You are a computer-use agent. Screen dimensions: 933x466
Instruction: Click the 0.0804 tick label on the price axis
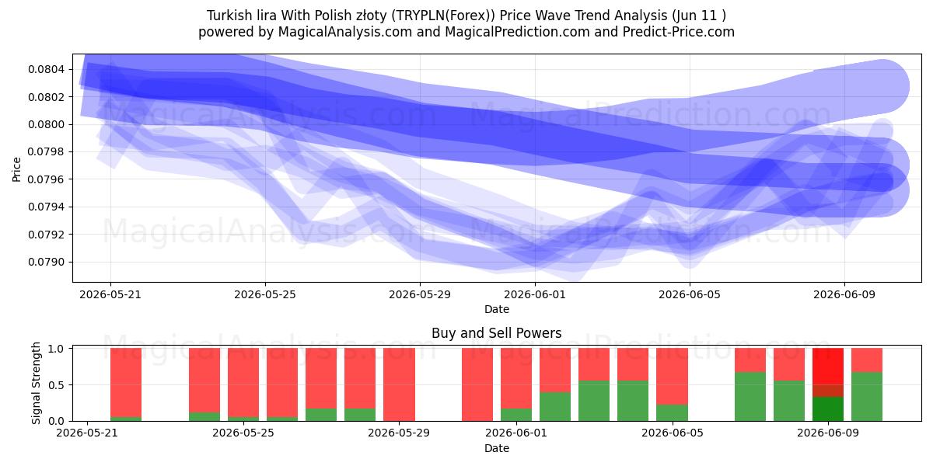point(46,69)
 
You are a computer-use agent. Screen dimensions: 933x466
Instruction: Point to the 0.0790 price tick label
point(46,263)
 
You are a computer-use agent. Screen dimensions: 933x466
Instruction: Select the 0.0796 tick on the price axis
point(46,179)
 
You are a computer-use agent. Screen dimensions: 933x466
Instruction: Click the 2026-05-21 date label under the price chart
point(110,294)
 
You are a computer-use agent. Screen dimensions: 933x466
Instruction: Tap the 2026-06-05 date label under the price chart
point(690,294)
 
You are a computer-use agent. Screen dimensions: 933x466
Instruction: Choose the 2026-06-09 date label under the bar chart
point(828,433)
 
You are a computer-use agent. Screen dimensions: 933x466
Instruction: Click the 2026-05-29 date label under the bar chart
point(399,433)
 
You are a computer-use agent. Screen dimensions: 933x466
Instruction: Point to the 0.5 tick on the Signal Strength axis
point(56,385)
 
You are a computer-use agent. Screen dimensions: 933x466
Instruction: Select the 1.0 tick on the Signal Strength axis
point(56,349)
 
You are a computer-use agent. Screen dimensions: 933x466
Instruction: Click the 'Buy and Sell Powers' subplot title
point(497,333)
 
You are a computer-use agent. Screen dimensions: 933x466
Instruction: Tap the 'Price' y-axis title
point(16,169)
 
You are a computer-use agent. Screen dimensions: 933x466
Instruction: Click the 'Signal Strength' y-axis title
point(36,383)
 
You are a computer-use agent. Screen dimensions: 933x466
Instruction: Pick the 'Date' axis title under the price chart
point(497,309)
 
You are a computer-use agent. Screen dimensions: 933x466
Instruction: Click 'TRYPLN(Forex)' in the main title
point(444,16)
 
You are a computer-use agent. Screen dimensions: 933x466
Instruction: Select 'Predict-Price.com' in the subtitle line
point(679,32)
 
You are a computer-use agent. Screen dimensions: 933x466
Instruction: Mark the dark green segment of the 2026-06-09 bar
point(828,409)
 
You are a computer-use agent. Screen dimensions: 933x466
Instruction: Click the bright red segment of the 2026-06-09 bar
point(828,367)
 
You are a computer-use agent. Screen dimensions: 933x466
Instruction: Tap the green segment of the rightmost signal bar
point(867,397)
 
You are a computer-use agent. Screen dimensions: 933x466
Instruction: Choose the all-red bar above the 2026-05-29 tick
point(399,384)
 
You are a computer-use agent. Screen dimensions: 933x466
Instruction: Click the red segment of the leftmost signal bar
point(126,382)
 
